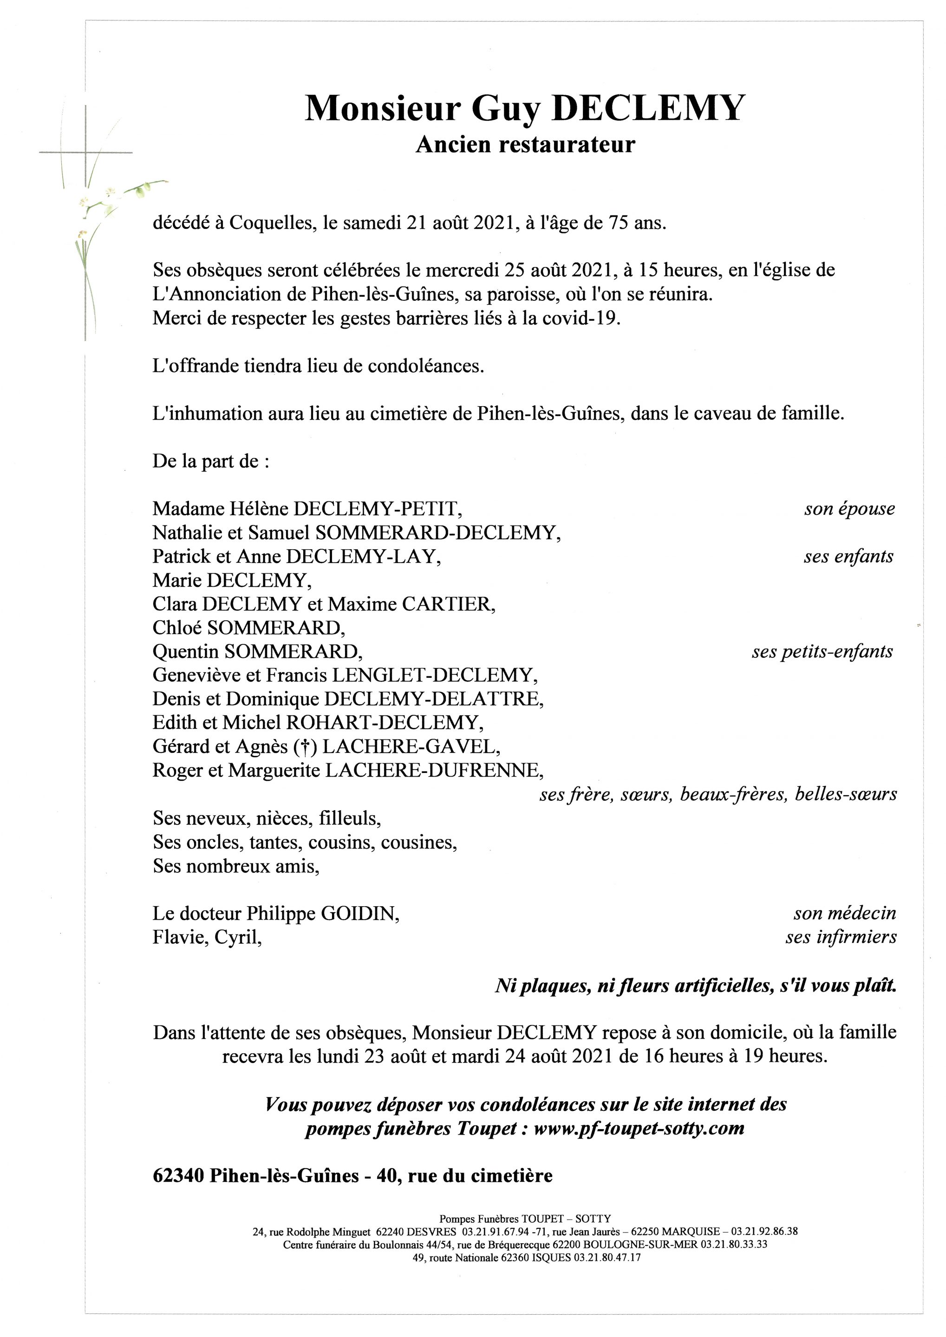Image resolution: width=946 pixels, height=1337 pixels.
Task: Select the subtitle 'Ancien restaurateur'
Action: coord(525,144)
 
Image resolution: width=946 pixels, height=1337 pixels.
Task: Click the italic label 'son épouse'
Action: coord(849,509)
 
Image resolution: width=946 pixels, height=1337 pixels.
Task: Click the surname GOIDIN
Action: coord(360,914)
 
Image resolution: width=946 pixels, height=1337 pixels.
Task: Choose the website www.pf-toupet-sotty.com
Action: coord(639,1129)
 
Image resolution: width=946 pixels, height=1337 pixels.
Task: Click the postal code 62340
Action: coord(178,1176)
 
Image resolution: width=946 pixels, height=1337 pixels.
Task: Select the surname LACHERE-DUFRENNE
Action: coord(434,771)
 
